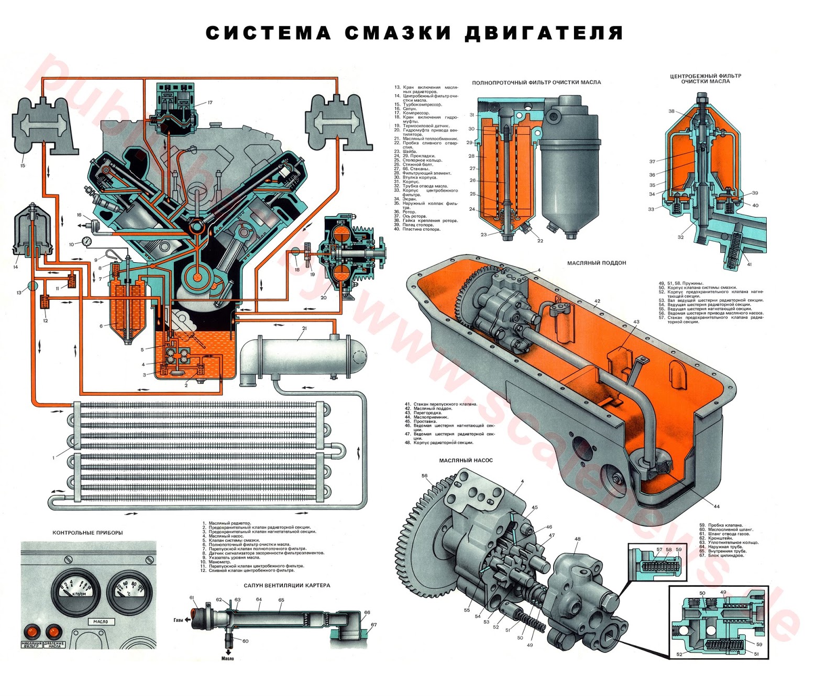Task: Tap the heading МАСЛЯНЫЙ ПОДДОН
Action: point(597,263)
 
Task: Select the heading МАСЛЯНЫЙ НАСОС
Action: point(466,461)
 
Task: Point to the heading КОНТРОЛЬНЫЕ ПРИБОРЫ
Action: point(87,533)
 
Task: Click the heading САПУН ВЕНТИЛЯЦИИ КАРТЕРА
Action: point(287,586)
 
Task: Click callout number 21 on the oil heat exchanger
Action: point(304,329)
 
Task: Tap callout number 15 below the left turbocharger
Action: point(23,166)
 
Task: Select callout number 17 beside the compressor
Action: point(210,103)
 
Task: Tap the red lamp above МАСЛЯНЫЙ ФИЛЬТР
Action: point(32,631)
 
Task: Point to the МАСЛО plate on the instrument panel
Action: point(101,622)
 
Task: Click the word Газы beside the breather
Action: point(178,620)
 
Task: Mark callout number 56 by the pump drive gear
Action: point(425,476)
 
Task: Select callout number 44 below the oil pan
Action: point(717,507)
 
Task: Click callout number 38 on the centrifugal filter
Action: point(671,111)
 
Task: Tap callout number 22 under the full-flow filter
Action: point(540,241)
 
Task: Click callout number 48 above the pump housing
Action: point(577,539)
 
